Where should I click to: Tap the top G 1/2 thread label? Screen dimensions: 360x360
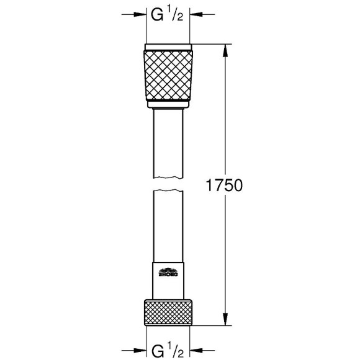(168, 16)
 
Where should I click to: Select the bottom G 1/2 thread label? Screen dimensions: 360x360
(168, 345)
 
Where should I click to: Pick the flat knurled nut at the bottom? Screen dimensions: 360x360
(168, 313)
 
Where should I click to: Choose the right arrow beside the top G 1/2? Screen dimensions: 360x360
(198, 14)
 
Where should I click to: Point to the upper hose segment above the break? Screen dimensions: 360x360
(168, 146)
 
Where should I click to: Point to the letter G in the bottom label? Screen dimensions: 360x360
(159, 346)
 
